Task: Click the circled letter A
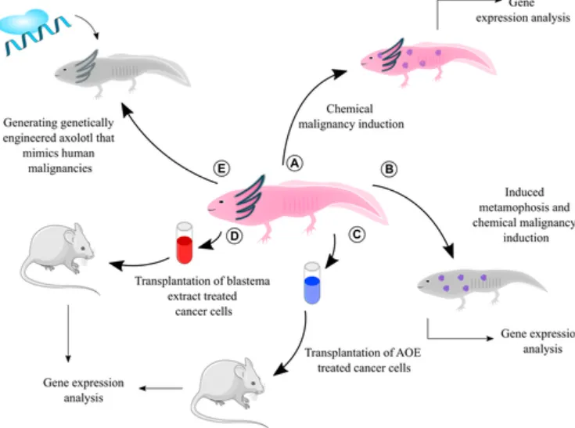(x=294, y=163)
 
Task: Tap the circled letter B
(x=389, y=168)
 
